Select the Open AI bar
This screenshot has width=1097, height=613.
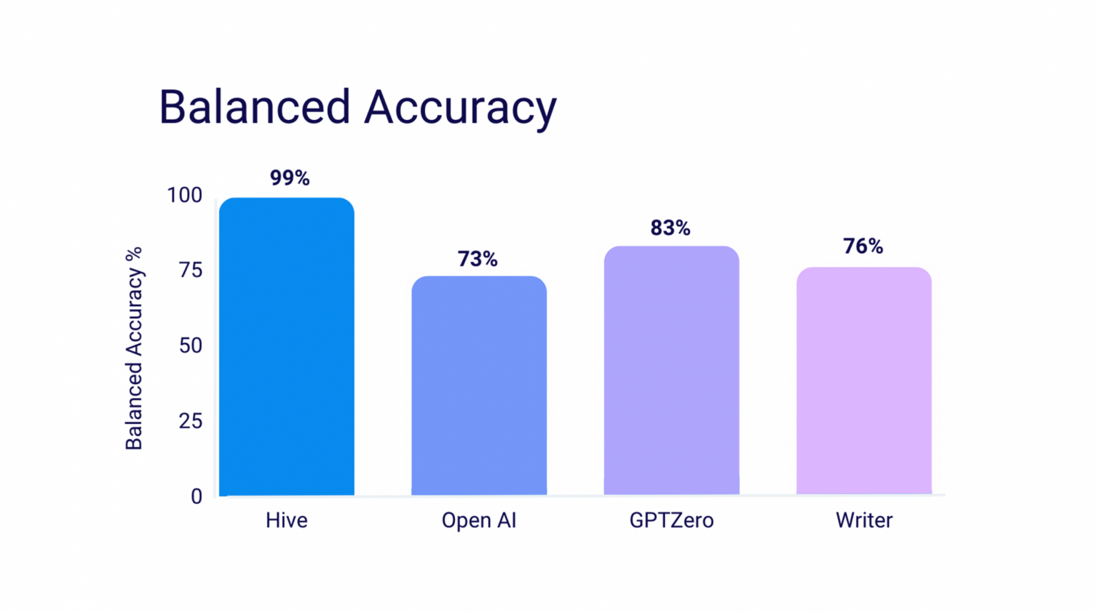coord(479,385)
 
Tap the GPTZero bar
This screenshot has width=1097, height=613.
coord(671,370)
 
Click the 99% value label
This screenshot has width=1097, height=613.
coord(289,178)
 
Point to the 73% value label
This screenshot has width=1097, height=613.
coord(477,258)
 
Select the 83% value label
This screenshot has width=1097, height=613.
coord(670,228)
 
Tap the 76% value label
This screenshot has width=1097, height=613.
coord(863,246)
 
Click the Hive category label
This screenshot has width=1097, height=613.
coord(286,520)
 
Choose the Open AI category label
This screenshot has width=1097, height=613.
coord(479,520)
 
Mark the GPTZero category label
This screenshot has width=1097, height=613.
coord(671,520)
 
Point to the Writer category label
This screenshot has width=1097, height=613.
coord(863,520)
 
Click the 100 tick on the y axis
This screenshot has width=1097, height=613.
coord(184,195)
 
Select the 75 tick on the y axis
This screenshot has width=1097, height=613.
coord(190,270)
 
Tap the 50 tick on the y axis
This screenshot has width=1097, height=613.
coord(190,345)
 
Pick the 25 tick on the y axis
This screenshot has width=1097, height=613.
coord(190,421)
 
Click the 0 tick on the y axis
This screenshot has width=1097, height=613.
coord(196,496)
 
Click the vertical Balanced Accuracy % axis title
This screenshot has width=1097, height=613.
coord(134,348)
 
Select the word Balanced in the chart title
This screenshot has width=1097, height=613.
coord(254,107)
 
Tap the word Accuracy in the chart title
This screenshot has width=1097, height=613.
coord(460,108)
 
